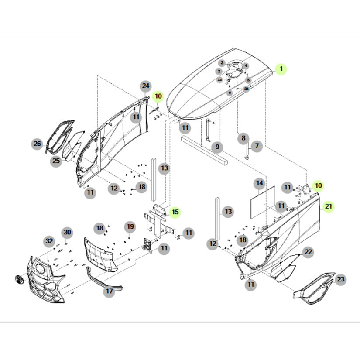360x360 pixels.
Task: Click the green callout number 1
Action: coord(281,69)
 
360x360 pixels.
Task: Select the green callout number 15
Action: coord(175,212)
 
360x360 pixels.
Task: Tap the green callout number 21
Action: coord(329,206)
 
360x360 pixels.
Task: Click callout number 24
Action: coord(146,86)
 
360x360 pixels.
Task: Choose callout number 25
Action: coord(56,161)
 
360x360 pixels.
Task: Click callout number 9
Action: coord(217,147)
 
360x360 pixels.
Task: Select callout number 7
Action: coord(257,146)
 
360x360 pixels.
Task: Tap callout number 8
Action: coord(243,139)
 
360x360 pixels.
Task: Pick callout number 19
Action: coord(130,226)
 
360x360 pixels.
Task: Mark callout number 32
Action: coord(49,241)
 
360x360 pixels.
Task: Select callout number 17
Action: coord(109,291)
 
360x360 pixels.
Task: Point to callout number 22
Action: coord(309,252)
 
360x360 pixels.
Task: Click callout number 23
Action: coord(340,280)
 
